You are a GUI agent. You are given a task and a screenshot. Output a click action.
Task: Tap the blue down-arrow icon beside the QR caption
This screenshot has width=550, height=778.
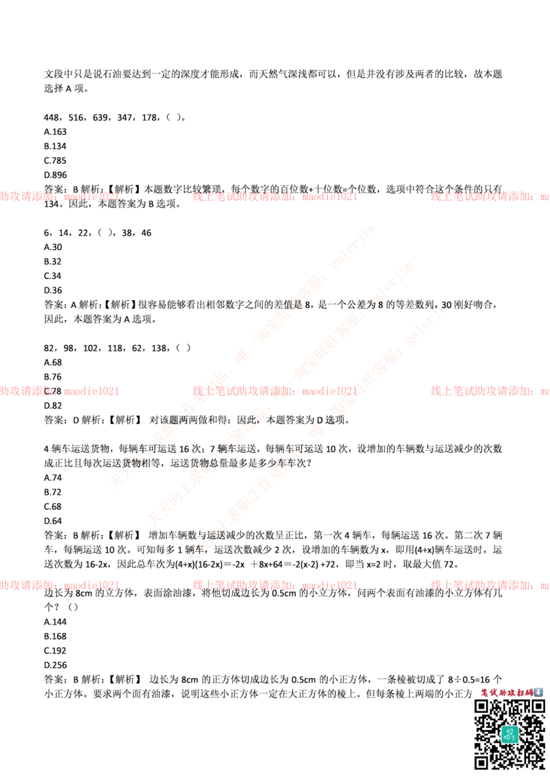538,692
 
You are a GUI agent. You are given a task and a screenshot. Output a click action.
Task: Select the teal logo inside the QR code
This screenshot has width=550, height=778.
509,734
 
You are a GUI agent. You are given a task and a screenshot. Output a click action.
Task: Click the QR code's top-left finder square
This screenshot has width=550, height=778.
482,707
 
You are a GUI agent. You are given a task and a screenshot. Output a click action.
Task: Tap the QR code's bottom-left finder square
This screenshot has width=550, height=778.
482,762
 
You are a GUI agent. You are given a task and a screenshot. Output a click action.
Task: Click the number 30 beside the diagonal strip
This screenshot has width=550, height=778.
445,303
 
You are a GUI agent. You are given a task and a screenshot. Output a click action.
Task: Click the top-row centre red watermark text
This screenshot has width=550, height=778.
275,197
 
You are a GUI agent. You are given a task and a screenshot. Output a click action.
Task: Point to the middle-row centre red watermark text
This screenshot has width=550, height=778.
275,391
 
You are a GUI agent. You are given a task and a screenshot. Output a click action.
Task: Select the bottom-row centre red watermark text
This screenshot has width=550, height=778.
275,586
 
